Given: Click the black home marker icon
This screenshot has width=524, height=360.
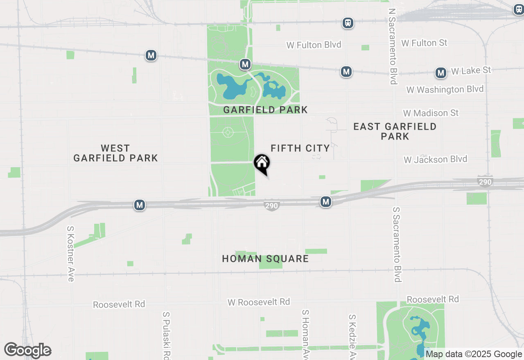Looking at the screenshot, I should (x=262, y=163).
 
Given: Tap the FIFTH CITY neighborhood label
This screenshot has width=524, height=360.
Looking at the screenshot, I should (x=300, y=148).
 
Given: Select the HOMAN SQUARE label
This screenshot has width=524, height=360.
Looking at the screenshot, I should (x=265, y=259).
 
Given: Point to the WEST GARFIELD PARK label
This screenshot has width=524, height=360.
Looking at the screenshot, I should (x=115, y=153).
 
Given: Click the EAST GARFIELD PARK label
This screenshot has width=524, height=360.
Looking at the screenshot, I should (x=395, y=131).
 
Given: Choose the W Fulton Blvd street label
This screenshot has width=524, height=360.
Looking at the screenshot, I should (x=314, y=45).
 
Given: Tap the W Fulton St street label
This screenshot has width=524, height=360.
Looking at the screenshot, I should (x=424, y=43).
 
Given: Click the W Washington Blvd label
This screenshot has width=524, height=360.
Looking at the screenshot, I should (x=445, y=89).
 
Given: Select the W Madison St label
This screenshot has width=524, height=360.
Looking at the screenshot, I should (x=431, y=112).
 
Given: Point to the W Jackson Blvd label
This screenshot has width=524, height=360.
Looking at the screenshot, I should (x=435, y=159).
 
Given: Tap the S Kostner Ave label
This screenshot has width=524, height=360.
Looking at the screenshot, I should (x=71, y=254).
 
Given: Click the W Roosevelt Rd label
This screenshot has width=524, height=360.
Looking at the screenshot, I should (x=259, y=302).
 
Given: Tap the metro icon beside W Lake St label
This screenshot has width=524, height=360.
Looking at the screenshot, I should (x=441, y=73).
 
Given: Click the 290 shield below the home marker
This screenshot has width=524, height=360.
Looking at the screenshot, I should (x=271, y=206).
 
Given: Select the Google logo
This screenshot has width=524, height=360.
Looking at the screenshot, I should (x=27, y=350).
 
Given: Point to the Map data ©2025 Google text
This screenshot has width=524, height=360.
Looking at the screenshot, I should (x=474, y=354).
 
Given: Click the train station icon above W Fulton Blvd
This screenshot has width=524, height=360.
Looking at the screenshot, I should (x=348, y=23).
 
